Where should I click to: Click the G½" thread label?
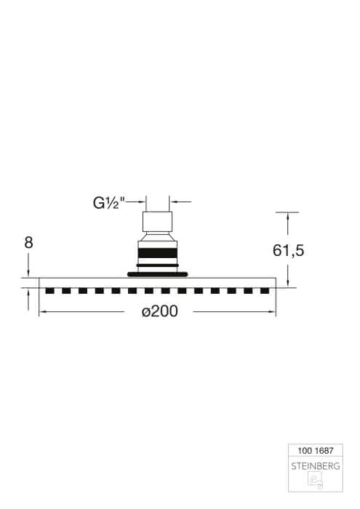point(109,203)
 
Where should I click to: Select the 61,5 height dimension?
point(288,250)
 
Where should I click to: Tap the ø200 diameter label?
point(160,312)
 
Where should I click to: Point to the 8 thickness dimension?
point(28,242)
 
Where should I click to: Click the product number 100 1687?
point(316,451)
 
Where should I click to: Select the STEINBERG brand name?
point(316,466)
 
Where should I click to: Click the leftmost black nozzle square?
point(49,291)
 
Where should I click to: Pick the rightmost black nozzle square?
point(265,291)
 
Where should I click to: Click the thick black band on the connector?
point(158,253)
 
